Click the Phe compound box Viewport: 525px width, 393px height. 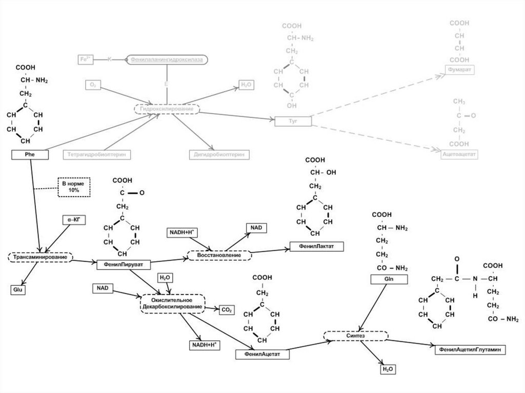[30, 153]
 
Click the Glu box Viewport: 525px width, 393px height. [16, 290]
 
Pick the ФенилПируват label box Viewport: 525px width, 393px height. [119, 264]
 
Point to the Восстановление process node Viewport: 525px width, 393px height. [219, 255]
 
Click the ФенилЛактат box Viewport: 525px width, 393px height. [316, 247]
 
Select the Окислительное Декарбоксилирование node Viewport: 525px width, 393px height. [172, 303]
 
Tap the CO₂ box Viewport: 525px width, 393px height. [227, 310]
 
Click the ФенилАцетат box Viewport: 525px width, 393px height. [259, 354]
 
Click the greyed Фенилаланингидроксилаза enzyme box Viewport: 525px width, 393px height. [167, 60]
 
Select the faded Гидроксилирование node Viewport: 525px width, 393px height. [167, 109]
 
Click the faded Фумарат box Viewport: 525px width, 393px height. [459, 69]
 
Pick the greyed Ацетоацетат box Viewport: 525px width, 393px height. [459, 153]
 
